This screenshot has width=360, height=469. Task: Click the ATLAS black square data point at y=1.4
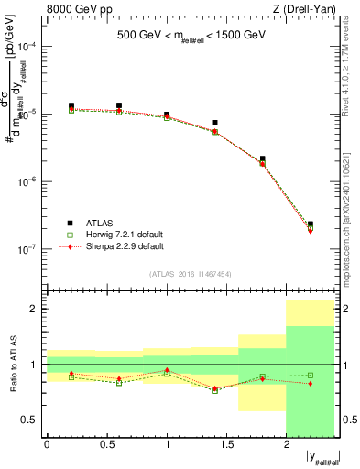(x=214, y=123)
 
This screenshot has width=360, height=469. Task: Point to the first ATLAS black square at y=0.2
(x=71, y=106)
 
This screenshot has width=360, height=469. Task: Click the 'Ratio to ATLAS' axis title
(x=12, y=365)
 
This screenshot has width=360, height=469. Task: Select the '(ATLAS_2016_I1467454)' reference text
(x=191, y=274)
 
